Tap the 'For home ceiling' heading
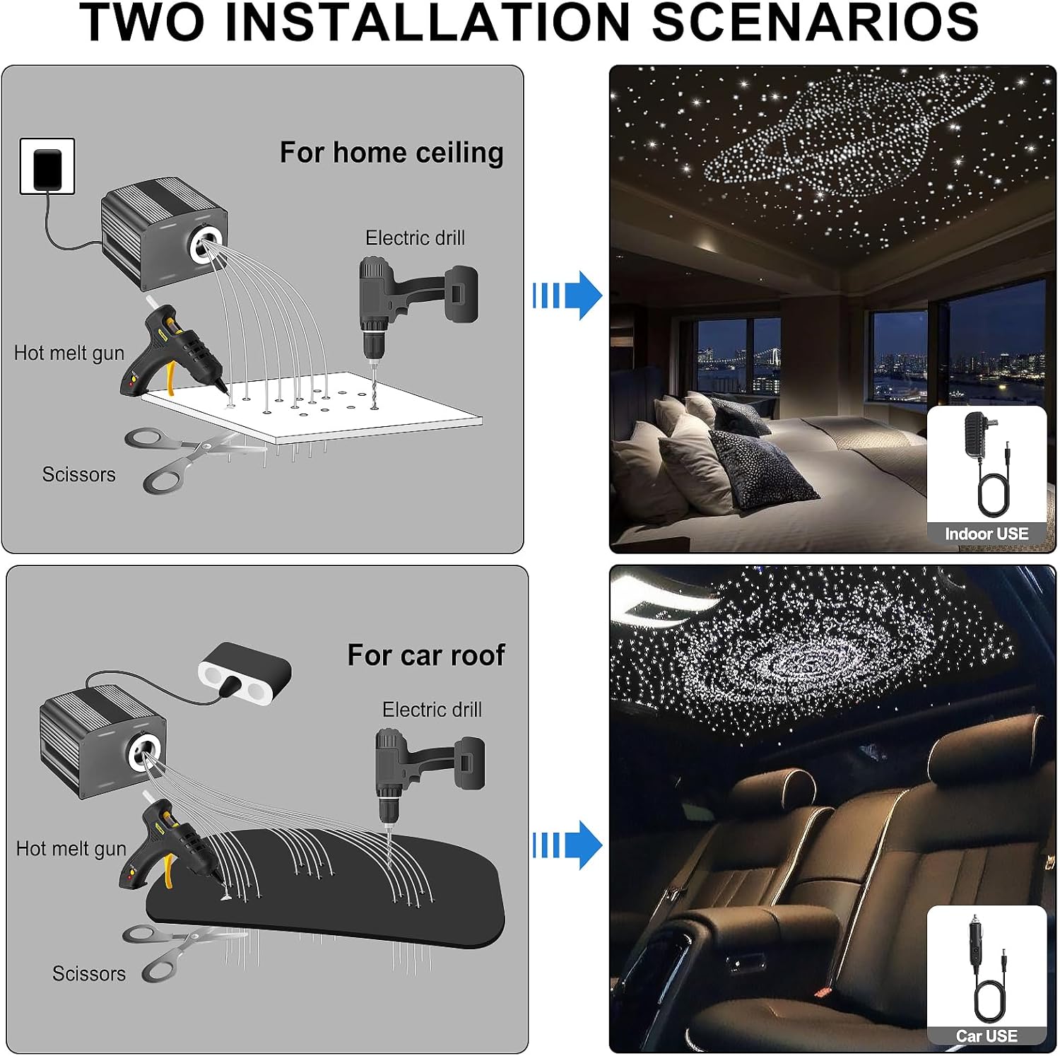pyautogui.click(x=391, y=153)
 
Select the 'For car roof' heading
pyautogui.click(x=425, y=655)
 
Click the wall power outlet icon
pyautogui.click(x=47, y=167)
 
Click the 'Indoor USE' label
pyautogui.click(x=987, y=534)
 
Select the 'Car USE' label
pyautogui.click(x=987, y=1036)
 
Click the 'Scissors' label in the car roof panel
pyautogui.click(x=89, y=974)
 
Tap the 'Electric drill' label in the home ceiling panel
pyautogui.click(x=415, y=238)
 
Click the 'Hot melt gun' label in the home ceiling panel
pyautogui.click(x=69, y=353)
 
